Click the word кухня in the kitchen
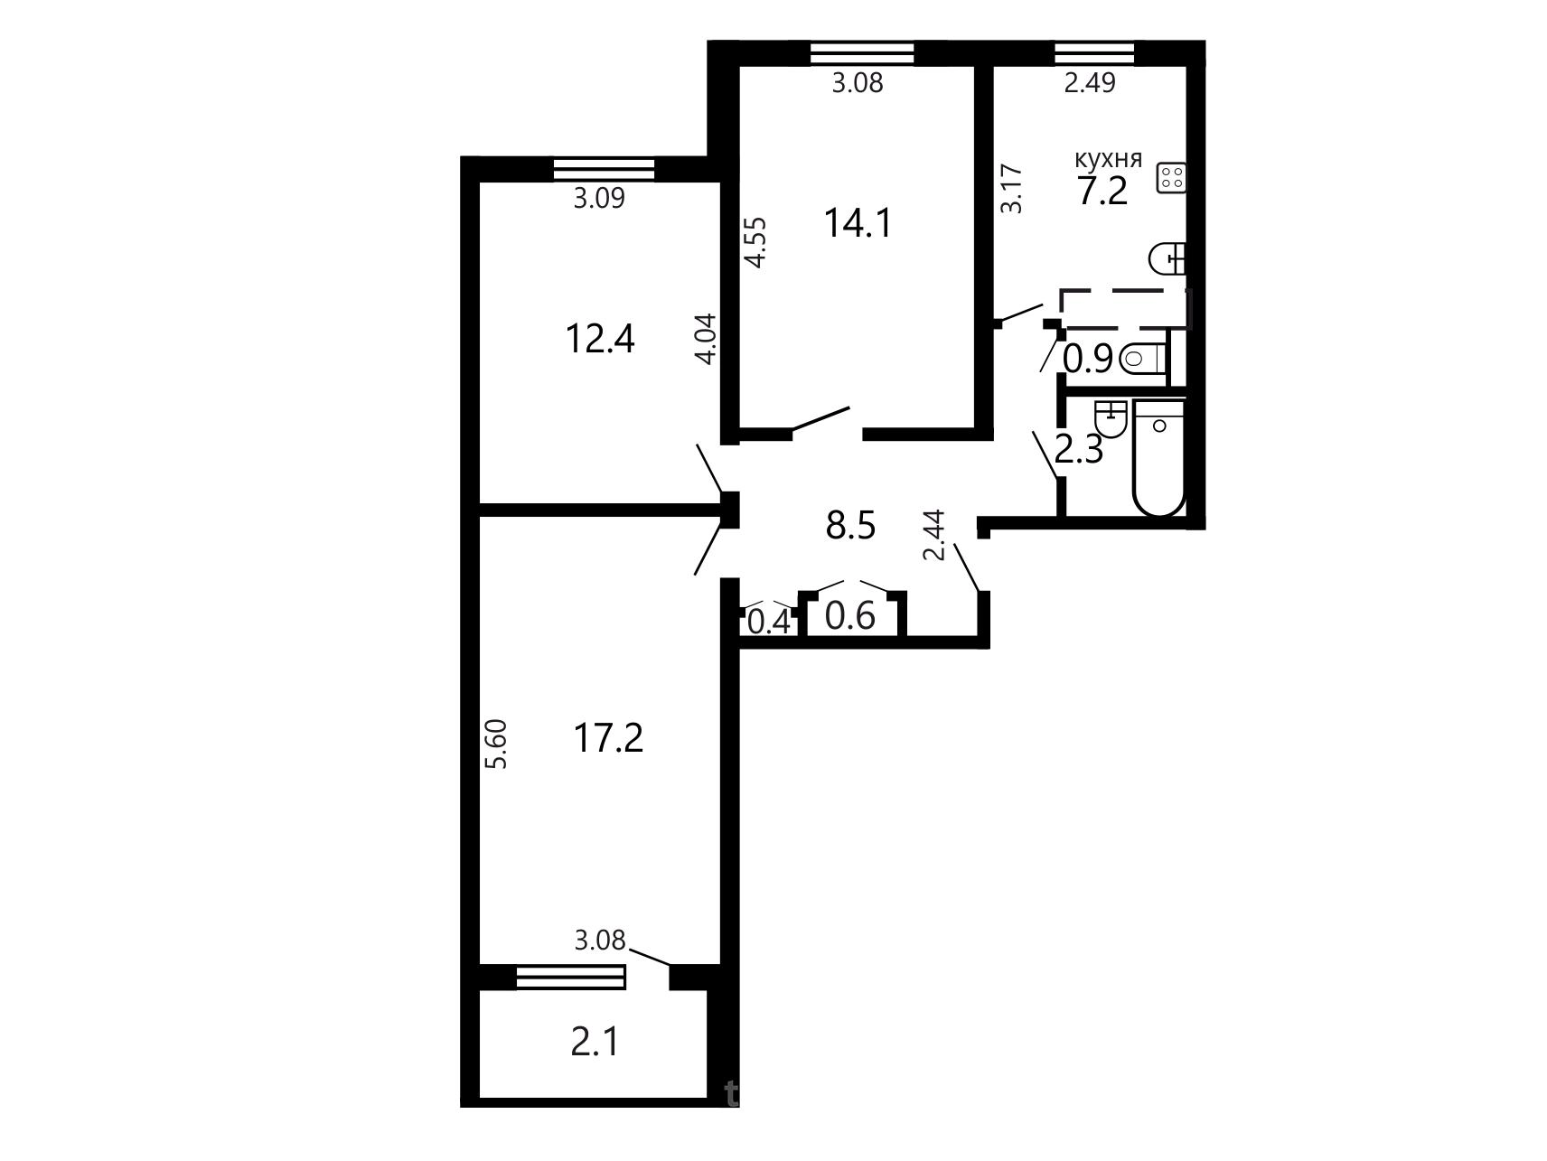click(1108, 160)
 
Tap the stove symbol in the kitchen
click(1171, 177)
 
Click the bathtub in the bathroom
click(1159, 458)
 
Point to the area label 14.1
click(858, 222)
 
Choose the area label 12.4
click(600, 340)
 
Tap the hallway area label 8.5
click(851, 524)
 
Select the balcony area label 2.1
click(595, 1043)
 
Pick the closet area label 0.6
click(851, 616)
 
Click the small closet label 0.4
click(770, 622)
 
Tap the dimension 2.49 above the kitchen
click(1090, 83)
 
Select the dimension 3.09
click(599, 198)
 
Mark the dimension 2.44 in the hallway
click(934, 535)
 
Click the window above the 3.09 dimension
click(604, 169)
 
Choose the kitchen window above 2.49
click(1094, 53)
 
